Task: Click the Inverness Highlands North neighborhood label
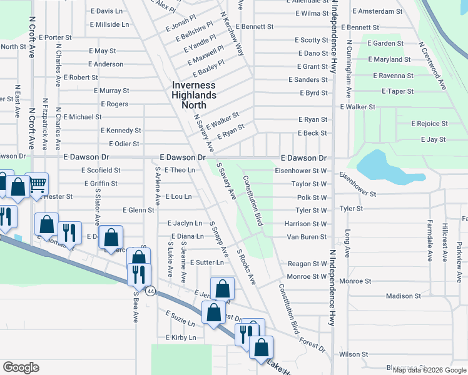tap(194, 95)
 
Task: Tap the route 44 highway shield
tap(151, 291)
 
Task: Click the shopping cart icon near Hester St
tap(38, 183)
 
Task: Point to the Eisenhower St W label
tap(300, 171)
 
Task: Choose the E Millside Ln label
tap(109, 24)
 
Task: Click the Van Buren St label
tap(307, 237)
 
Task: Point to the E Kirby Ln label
tap(181, 337)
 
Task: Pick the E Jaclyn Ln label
tap(185, 223)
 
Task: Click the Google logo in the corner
tap(21, 367)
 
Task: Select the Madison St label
tap(404, 296)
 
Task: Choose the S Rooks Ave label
tap(246, 267)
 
